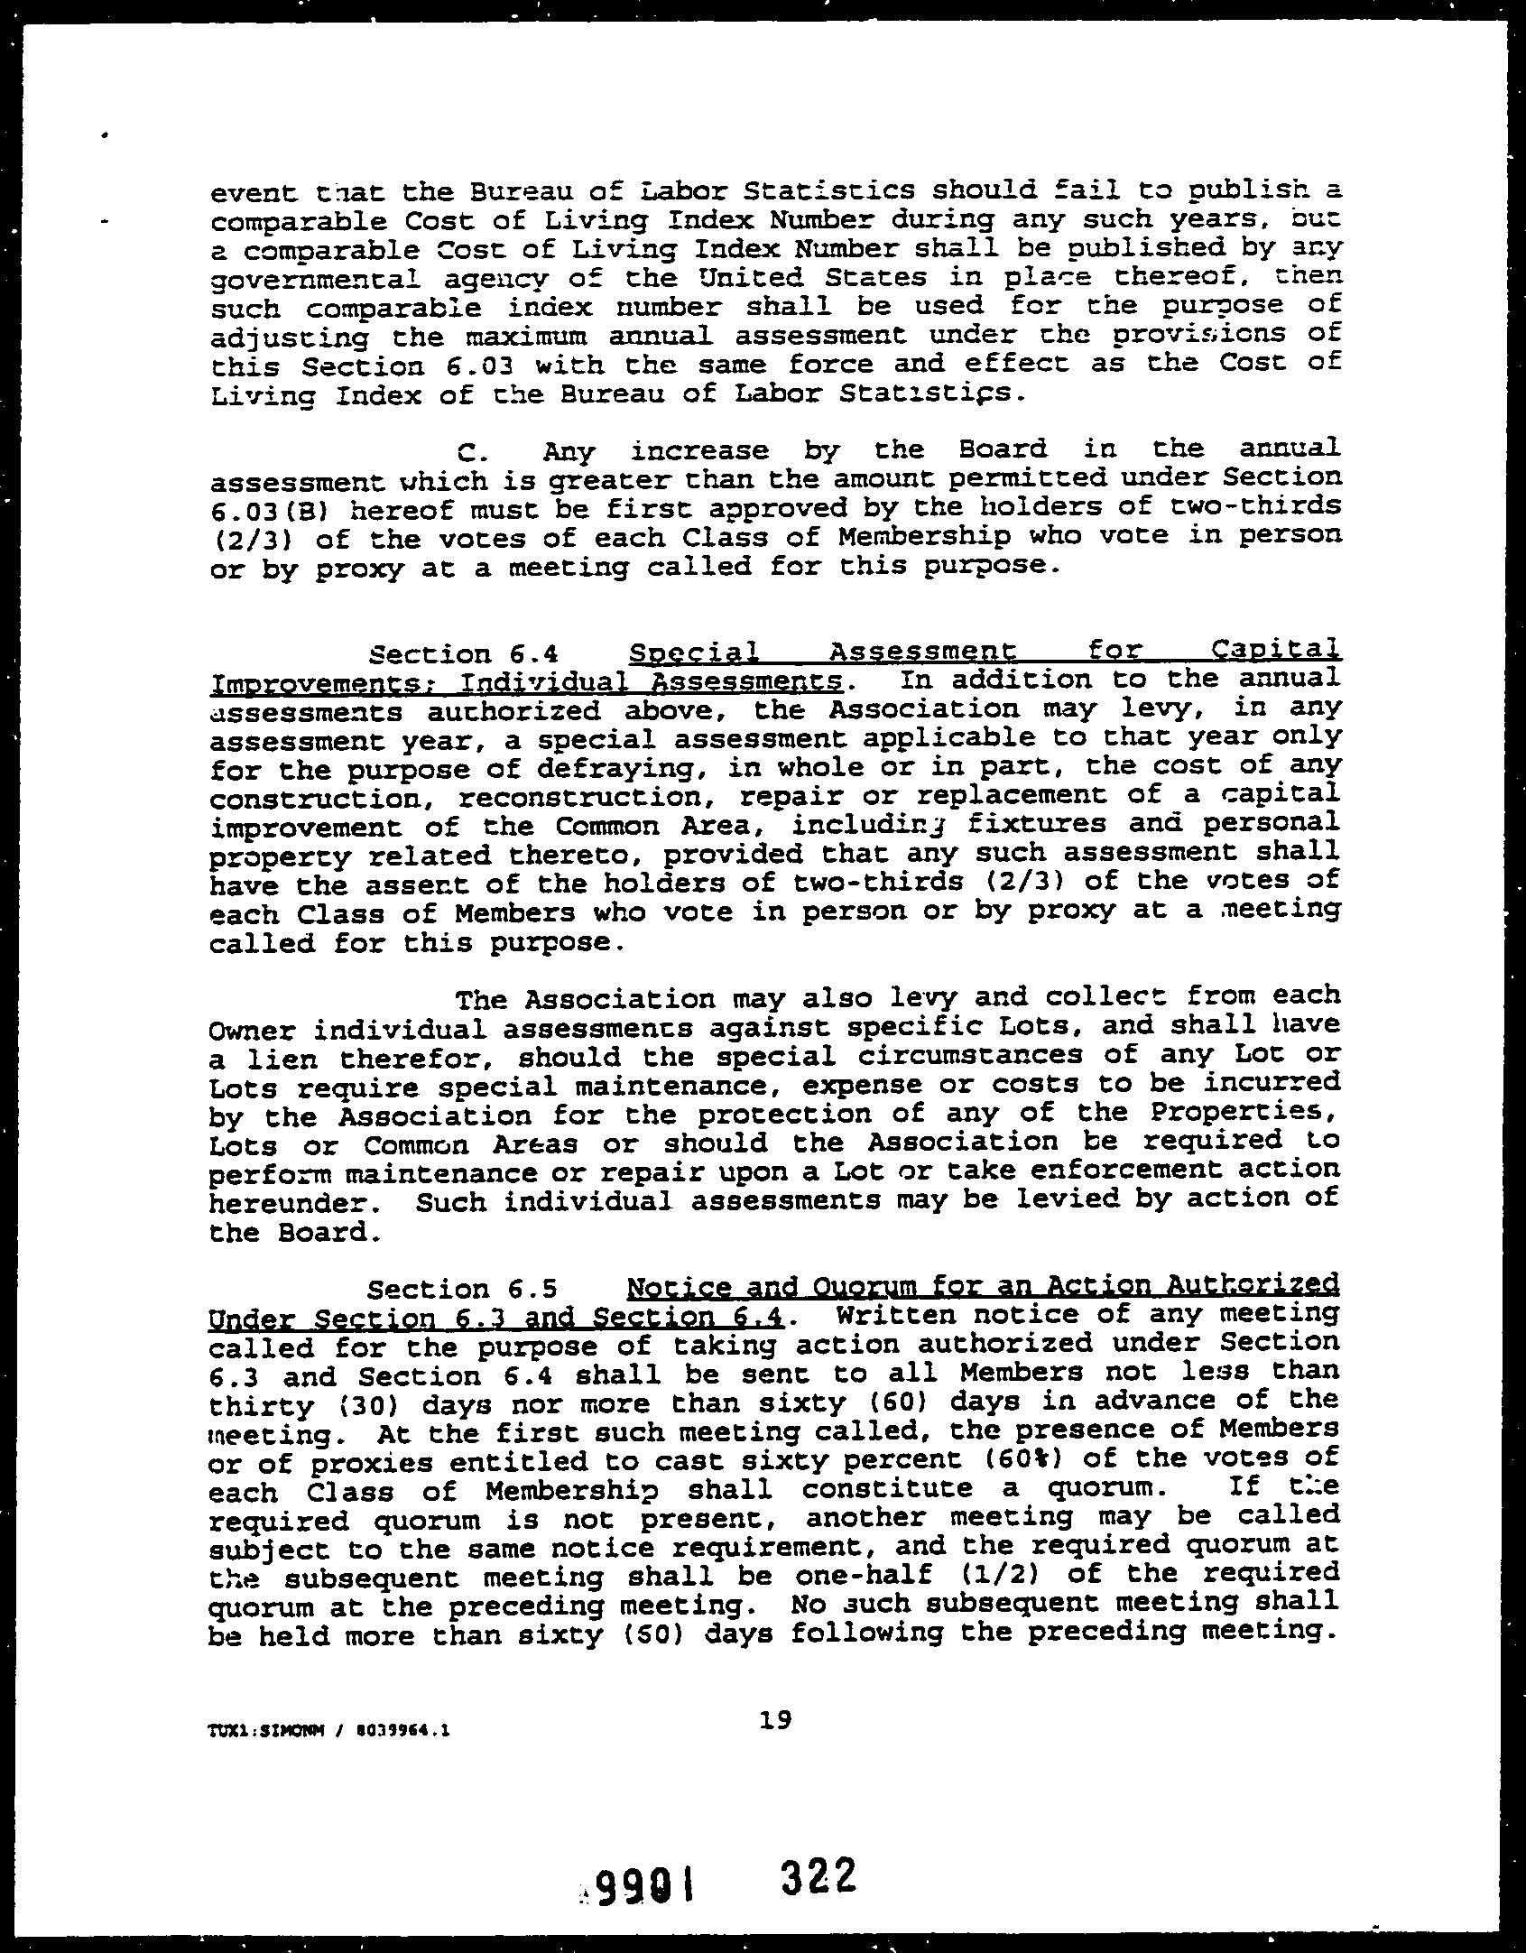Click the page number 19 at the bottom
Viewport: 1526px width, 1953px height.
coord(775,1720)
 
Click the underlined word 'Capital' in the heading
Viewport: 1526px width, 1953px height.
coord(1273,649)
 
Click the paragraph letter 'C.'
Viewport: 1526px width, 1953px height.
coord(474,451)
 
